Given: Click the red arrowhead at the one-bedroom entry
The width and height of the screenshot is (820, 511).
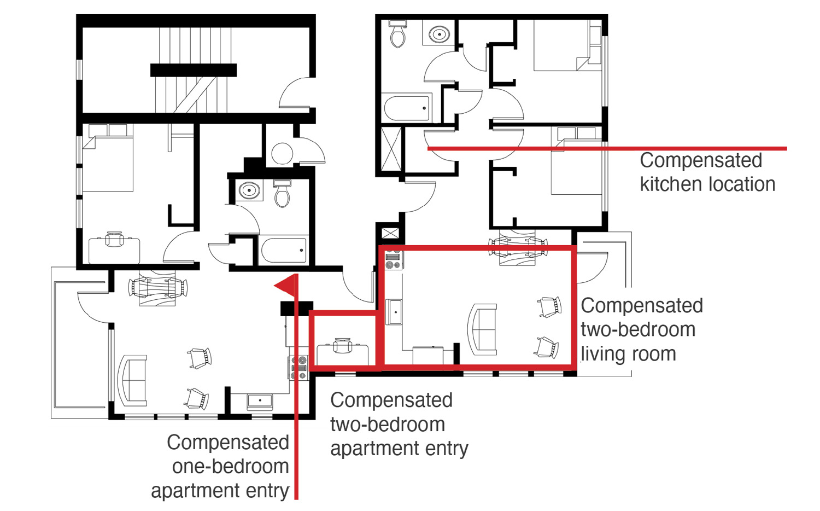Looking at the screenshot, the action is pos(288,285).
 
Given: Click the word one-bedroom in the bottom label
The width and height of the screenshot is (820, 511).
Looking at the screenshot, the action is pos(230,467).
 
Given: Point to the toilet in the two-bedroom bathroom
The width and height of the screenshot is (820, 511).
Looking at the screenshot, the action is pos(397,34).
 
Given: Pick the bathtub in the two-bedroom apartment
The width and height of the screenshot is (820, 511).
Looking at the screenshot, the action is pos(407,108).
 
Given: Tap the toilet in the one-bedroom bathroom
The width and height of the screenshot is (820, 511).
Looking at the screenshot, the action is pos(282,194).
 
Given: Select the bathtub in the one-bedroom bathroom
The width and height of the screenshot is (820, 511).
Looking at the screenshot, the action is pos(284,250).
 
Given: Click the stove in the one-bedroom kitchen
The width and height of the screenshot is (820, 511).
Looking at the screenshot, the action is pos(298,368).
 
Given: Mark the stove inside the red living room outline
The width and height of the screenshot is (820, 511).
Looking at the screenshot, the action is pos(393,258).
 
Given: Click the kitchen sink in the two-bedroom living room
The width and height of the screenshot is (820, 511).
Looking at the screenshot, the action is pos(395,312).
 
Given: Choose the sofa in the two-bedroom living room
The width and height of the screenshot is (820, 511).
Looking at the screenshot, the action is pos(483,329).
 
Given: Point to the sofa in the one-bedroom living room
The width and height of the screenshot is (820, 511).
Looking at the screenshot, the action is pos(132,380).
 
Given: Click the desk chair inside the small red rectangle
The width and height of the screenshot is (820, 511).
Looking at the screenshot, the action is pos(342,345).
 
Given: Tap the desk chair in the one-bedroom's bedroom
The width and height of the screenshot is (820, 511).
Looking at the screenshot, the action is pos(114,239).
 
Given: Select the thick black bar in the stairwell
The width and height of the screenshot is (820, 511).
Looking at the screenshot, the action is pos(194,71).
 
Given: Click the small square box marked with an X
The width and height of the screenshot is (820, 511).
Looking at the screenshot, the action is pos(390,233).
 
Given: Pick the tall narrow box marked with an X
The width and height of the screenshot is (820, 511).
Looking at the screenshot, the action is pos(391,149).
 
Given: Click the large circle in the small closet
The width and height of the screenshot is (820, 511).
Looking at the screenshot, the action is pos(282,153).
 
